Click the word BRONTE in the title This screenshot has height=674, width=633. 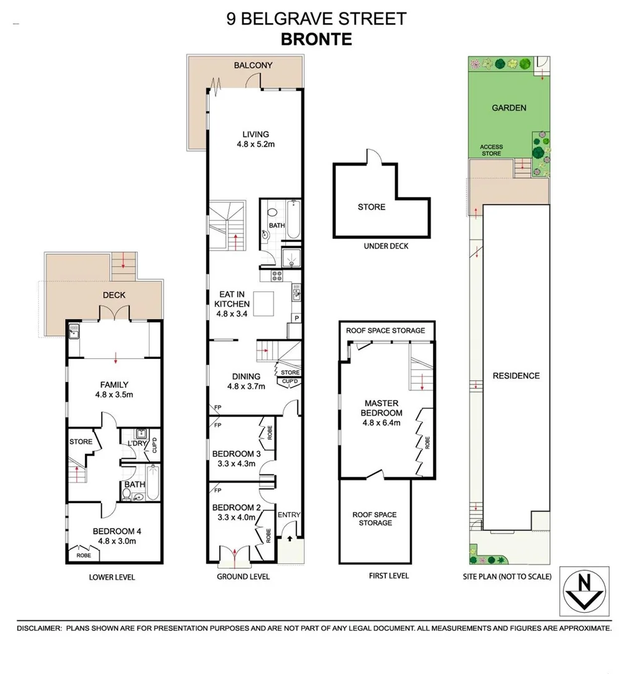[316, 39]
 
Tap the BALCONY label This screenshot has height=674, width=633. [253, 65]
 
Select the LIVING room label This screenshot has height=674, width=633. [256, 134]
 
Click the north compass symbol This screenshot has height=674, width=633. [584, 590]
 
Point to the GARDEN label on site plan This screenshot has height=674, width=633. [509, 107]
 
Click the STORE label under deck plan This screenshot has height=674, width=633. [371, 207]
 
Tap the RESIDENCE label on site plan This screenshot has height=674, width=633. [516, 376]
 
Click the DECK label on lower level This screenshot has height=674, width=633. [114, 295]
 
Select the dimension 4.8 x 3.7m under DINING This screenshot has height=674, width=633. [246, 386]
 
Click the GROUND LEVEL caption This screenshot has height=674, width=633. [243, 577]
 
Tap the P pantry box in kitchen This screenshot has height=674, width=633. [296, 318]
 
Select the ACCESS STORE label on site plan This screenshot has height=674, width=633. [491, 150]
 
